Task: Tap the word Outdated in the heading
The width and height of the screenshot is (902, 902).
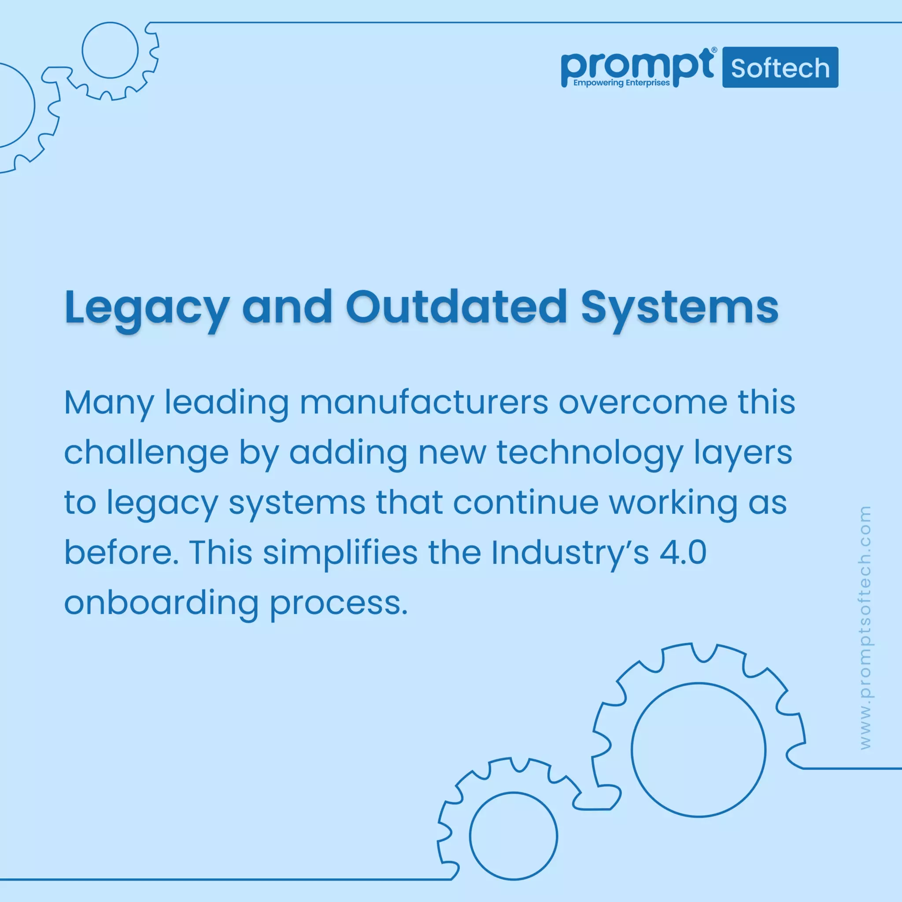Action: (x=456, y=307)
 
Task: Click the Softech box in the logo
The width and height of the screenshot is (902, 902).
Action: (x=780, y=68)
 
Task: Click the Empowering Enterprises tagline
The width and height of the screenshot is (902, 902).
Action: (x=621, y=83)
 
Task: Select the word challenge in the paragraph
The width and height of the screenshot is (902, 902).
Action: (x=146, y=453)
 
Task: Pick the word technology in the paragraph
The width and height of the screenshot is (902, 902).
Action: (x=589, y=453)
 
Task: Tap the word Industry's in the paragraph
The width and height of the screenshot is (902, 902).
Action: (x=569, y=553)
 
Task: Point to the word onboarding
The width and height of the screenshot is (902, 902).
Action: (x=161, y=603)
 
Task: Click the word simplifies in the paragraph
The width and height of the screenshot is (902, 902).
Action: (x=340, y=553)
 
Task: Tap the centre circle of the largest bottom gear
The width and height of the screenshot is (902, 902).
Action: (x=699, y=750)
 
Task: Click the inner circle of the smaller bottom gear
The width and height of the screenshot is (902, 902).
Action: (x=513, y=835)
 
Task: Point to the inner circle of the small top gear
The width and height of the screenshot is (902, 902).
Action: (x=110, y=50)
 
